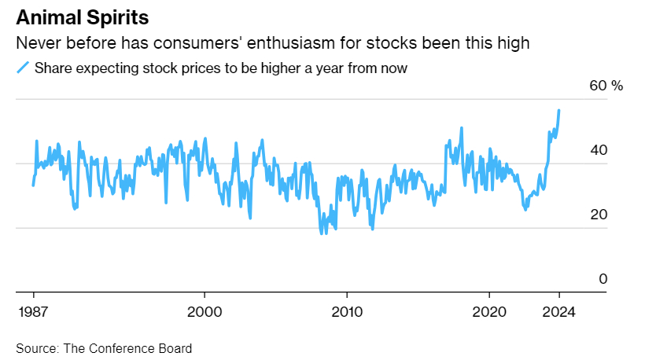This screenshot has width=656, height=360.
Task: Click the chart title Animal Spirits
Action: [x=83, y=17]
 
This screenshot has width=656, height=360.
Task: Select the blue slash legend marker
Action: [x=22, y=68]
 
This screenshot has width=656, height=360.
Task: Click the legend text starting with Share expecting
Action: [x=220, y=68]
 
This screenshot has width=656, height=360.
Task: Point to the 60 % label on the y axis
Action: [x=606, y=86]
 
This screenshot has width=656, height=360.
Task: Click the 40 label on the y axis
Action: [x=598, y=151]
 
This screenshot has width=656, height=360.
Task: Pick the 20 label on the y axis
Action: [x=598, y=215]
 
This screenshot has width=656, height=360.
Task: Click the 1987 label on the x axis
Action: [x=33, y=310]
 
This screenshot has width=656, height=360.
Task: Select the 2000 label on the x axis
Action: [x=205, y=310]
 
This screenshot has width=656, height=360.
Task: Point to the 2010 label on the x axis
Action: [x=347, y=310]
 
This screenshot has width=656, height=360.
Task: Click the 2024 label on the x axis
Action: [x=559, y=310]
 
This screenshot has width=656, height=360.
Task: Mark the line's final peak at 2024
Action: [x=559, y=110]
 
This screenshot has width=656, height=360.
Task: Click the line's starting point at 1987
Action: [x=33, y=186]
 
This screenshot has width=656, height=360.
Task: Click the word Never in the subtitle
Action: [x=37, y=43]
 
